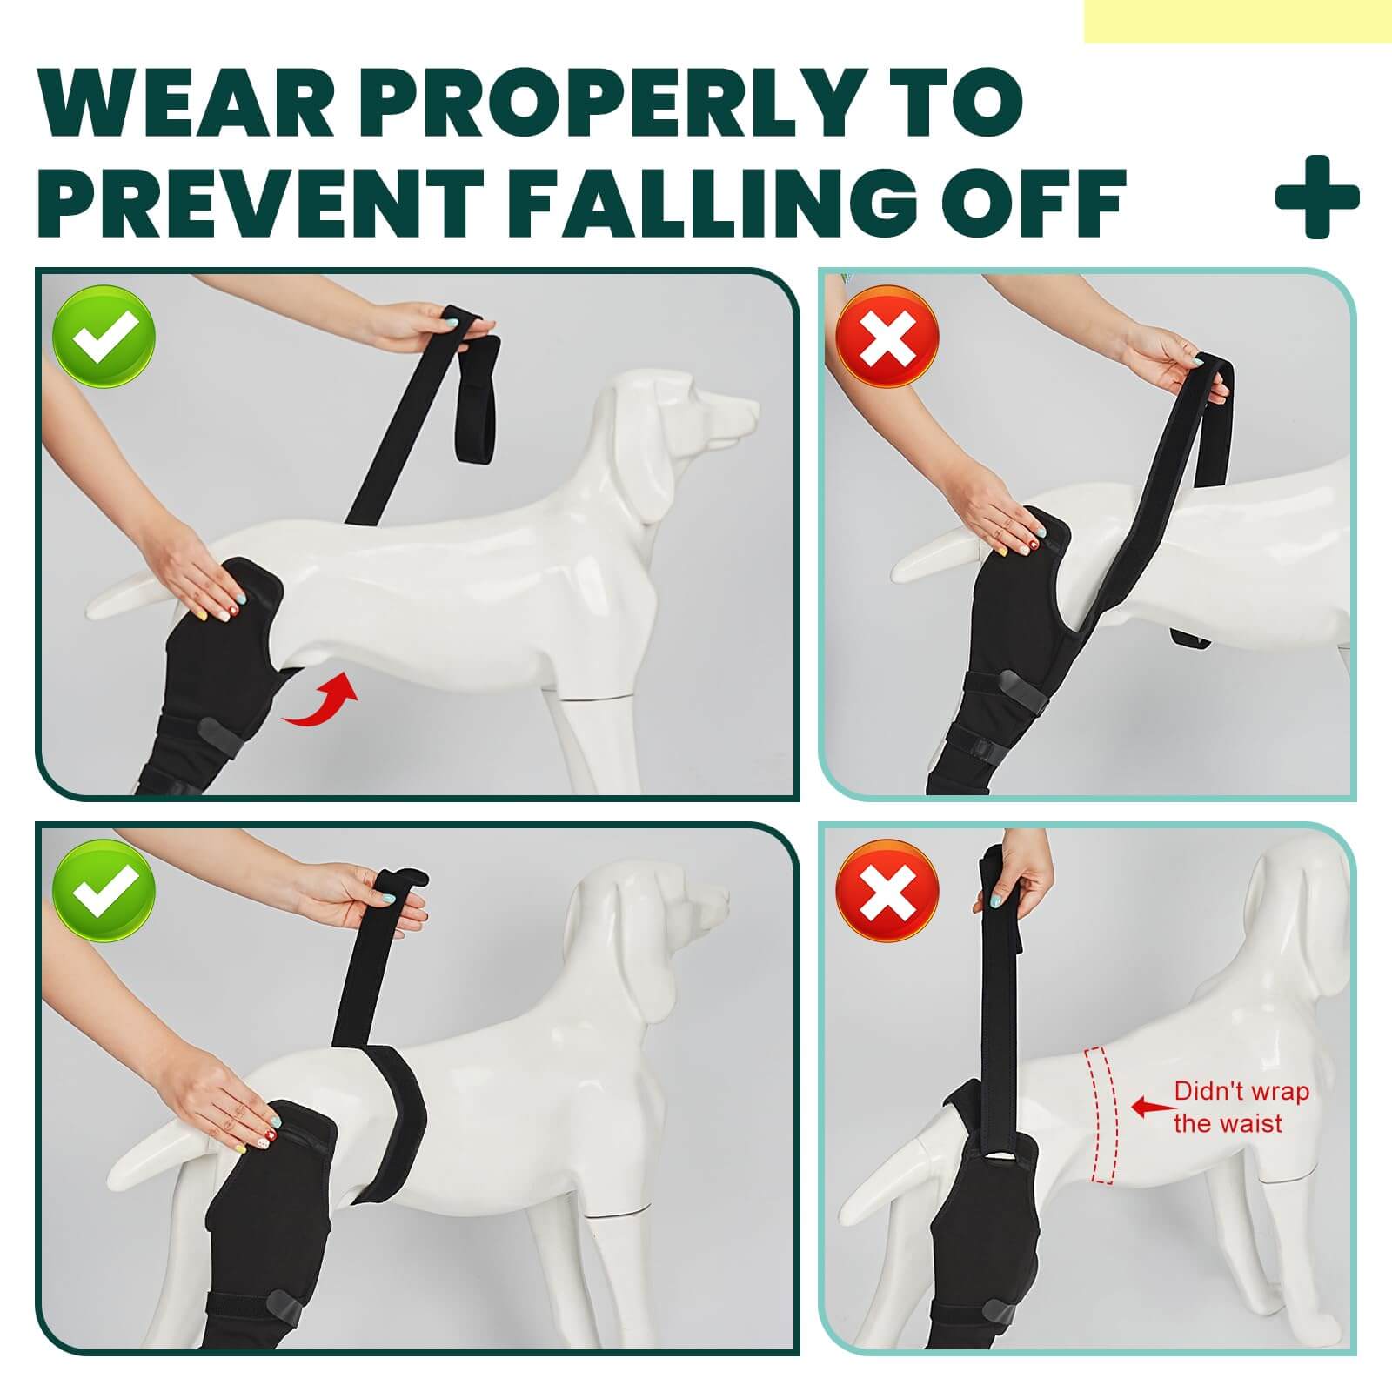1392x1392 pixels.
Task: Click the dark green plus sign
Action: click(x=1317, y=197)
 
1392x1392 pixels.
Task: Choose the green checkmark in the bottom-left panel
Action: click(x=104, y=891)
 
